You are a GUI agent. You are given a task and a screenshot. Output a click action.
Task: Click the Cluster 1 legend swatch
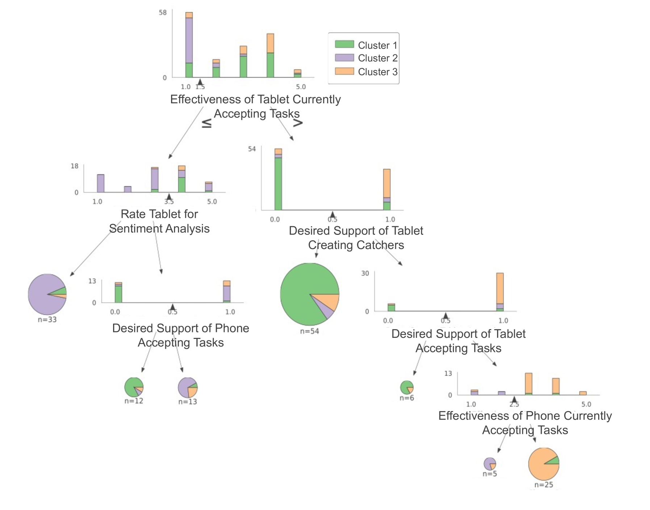point(344,44)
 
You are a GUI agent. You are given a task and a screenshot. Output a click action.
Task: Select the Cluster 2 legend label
point(378,58)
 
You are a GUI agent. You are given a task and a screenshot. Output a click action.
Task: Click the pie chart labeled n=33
point(47,294)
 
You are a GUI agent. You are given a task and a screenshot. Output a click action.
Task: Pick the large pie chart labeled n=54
point(309,294)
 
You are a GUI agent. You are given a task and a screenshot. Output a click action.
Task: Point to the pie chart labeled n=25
point(543,464)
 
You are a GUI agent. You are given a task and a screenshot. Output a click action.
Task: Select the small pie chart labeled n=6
point(407,387)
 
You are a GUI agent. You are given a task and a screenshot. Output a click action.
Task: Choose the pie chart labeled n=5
point(489,464)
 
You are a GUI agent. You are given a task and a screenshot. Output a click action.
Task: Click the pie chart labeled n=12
point(134,387)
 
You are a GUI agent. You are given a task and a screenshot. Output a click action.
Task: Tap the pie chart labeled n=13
point(187,387)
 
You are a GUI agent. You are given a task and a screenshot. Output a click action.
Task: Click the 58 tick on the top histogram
point(163,13)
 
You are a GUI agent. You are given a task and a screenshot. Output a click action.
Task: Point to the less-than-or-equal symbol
point(207,123)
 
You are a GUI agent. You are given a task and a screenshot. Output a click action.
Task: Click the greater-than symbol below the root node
point(298,123)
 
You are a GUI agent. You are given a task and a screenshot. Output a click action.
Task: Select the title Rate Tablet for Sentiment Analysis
point(159,221)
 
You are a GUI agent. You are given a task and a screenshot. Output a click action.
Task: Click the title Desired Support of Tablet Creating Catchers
point(356,238)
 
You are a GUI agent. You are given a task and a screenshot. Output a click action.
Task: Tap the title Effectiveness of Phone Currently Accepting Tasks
point(525,423)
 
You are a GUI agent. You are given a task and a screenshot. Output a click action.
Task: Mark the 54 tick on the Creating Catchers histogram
point(252,149)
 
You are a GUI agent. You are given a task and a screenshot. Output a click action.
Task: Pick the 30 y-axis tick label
point(365,273)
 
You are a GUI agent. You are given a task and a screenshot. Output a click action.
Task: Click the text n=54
point(309,331)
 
